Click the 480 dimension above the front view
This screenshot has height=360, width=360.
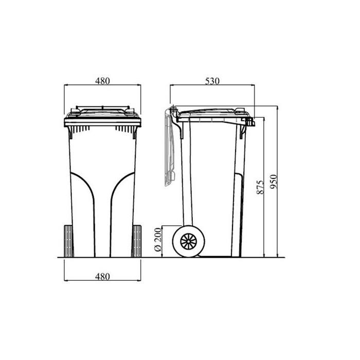click(x=102, y=81)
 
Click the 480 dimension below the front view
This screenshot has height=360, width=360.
click(x=102, y=277)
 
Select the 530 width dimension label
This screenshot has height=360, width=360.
click(x=212, y=81)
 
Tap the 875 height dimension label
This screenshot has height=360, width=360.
click(x=260, y=187)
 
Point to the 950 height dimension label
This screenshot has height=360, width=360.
click(x=274, y=182)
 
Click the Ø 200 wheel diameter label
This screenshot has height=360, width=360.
click(x=158, y=240)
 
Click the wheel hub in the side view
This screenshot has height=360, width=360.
click(x=189, y=241)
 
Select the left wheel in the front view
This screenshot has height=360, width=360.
click(x=68, y=241)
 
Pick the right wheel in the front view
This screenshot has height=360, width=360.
click(x=137, y=241)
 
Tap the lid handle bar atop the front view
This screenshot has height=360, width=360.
click(x=102, y=107)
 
